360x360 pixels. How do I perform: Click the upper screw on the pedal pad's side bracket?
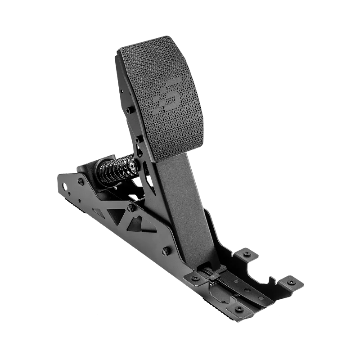(129, 110)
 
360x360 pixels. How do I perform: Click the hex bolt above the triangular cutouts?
(130, 207)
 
